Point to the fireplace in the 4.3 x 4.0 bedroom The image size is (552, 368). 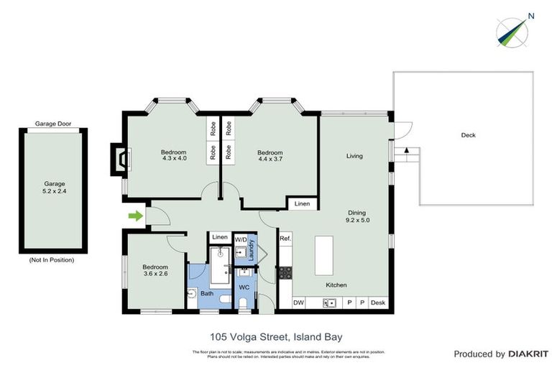[119, 158]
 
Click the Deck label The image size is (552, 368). [468, 135]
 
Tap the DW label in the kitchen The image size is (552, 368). [298, 303]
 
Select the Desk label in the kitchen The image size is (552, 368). [378, 303]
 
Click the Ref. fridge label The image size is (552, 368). [285, 239]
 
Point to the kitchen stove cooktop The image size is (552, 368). [285, 272]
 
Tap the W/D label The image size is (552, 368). [241, 239]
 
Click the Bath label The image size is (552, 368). [207, 293]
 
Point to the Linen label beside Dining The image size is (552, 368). [303, 204]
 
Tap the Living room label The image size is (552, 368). [354, 156]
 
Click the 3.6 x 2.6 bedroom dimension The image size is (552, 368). [155, 273]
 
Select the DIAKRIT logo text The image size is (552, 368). [528, 354]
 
